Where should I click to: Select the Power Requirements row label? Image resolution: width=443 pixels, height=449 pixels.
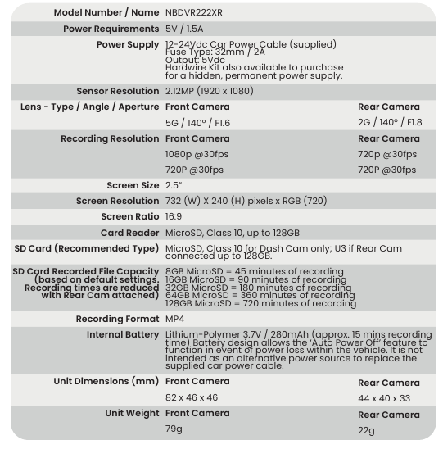click(111, 29)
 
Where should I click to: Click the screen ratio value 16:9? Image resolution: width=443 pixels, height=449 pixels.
click(174, 216)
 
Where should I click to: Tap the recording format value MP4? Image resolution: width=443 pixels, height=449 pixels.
click(176, 319)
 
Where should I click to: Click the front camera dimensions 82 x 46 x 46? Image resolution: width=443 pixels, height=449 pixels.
click(191, 398)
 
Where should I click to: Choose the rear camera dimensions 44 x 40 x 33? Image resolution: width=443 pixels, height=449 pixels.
click(383, 398)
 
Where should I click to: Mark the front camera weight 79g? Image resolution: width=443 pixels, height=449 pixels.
click(174, 430)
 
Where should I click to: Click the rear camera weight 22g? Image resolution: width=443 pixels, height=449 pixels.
click(367, 430)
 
